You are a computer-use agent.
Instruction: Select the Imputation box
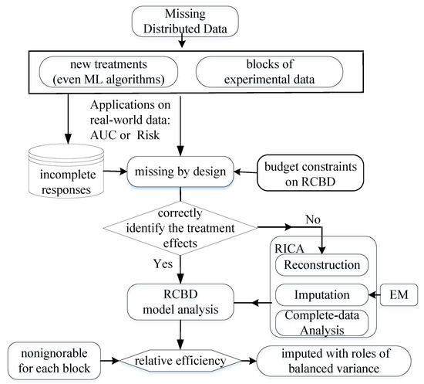[x=323, y=294]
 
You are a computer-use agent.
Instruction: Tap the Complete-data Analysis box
[x=323, y=321]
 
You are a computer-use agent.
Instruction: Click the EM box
[x=398, y=294]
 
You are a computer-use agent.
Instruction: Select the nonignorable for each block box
[x=54, y=359]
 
